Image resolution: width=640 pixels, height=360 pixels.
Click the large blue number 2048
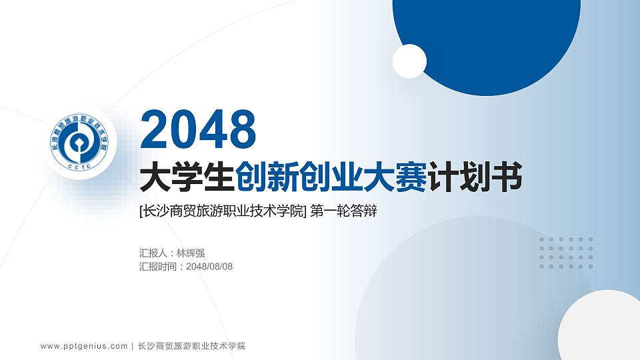pyautogui.click(x=199, y=129)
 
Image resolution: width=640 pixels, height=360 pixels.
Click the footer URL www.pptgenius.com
pyautogui.click(x=84, y=346)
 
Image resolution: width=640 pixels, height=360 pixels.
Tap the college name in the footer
pyautogui.click(x=191, y=346)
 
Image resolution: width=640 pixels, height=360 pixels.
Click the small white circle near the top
pyautogui.click(x=409, y=61)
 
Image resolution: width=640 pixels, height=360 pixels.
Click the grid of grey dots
pyautogui.click(x=566, y=253)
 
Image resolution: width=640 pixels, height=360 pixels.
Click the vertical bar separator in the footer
pyautogui.click(x=132, y=346)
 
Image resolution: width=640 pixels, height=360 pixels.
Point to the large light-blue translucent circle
pyautogui.click(x=467, y=293)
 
